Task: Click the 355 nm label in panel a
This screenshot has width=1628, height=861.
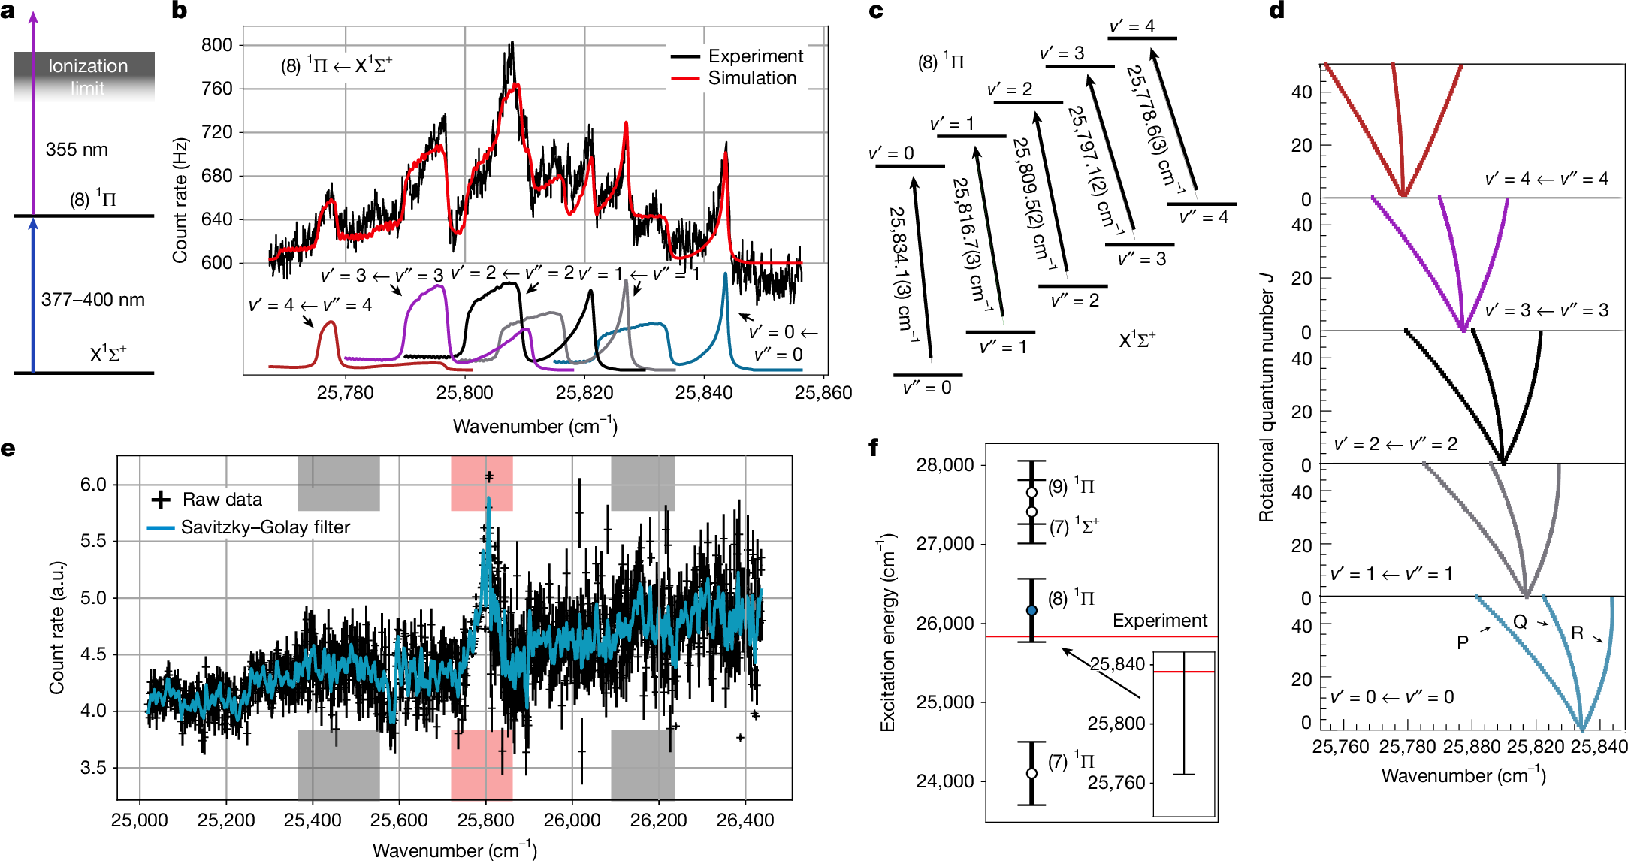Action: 77,150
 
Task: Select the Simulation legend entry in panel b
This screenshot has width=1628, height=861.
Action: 751,78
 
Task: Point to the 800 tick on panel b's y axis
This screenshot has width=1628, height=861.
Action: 217,45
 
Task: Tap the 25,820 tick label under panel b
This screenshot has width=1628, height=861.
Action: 584,393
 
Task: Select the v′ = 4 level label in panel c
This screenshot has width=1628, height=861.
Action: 1131,26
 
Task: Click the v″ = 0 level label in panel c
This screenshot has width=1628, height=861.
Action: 927,388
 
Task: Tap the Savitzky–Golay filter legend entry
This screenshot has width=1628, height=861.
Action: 265,527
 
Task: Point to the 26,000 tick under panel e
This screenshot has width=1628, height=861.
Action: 572,820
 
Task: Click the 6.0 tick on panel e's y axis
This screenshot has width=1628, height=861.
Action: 93,485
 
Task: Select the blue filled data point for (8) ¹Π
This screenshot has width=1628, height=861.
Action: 1031,611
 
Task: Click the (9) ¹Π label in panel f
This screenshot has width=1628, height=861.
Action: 1071,486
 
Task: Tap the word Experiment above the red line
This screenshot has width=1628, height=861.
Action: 1159,621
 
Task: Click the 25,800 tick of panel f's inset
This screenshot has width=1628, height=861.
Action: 1116,724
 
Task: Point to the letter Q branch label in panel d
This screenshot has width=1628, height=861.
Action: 1520,622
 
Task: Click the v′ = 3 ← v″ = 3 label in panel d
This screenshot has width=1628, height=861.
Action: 1546,310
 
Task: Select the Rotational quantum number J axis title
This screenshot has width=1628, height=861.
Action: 1267,397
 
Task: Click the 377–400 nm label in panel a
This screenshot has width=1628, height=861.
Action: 93,300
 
